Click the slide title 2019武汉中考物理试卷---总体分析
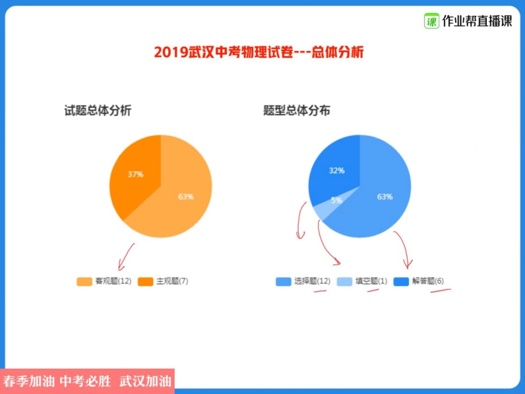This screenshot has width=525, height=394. coord(259,52)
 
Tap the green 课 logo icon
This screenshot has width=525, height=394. coord(431,21)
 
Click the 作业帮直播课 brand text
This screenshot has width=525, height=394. coord(477,22)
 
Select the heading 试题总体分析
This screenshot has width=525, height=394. coord(98,111)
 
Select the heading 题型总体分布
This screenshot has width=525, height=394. coord(297,111)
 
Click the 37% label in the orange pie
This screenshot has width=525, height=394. coord(135,174)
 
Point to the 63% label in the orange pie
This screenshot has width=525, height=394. coord(186,197)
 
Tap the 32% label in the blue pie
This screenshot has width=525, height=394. coord(337,170)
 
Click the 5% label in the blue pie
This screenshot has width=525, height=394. coord(337,201)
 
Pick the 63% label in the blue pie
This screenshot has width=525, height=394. coord(385,197)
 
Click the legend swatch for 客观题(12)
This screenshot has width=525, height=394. coord(85,281)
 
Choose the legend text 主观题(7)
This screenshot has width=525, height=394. coord(172,281)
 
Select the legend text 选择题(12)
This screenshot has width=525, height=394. coord(312,281)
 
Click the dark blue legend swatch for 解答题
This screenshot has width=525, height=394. coord(401,281)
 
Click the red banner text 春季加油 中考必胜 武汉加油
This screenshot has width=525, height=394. coord(87,381)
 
